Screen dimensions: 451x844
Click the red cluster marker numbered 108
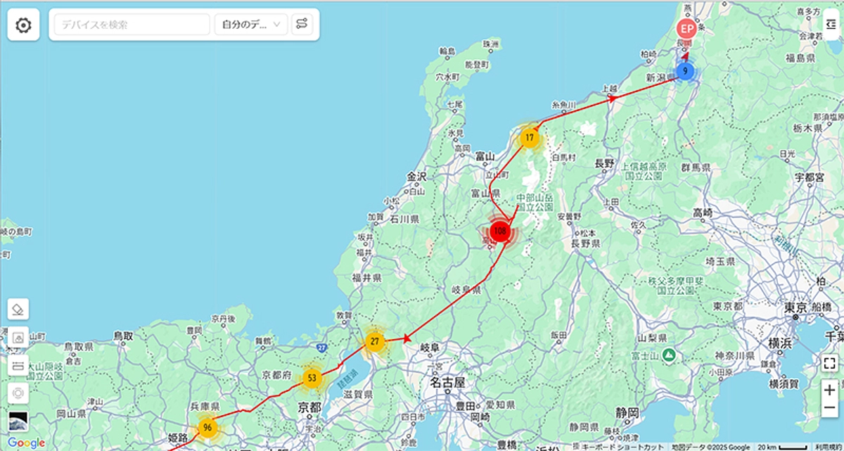click(500, 231)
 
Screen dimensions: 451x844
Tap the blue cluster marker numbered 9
click(685, 71)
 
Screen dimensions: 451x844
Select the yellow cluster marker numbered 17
click(530, 137)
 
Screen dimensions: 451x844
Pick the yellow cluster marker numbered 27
click(375, 342)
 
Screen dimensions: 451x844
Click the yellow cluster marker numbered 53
click(312, 378)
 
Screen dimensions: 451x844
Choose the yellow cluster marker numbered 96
click(207, 427)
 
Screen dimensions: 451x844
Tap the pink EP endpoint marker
click(686, 30)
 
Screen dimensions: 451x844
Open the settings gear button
click(23, 25)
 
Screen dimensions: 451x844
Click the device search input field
click(132, 25)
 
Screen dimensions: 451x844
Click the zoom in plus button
click(830, 390)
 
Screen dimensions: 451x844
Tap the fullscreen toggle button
click(830, 363)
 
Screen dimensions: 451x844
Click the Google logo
click(26, 443)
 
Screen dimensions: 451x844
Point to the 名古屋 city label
click(448, 383)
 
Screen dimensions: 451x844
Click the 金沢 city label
click(417, 177)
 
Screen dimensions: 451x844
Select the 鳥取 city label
click(123, 336)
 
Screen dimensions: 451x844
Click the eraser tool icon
click(19, 308)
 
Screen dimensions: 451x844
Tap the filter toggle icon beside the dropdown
click(302, 25)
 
